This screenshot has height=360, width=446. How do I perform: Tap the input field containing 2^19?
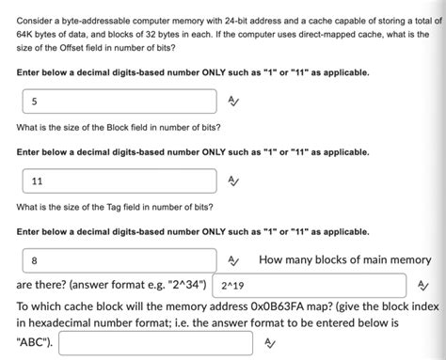pyautogui.click(x=311, y=285)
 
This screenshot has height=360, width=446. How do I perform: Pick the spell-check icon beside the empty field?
pyautogui.click(x=271, y=343)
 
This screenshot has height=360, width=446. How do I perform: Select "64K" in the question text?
pyautogui.click(x=25, y=30)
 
